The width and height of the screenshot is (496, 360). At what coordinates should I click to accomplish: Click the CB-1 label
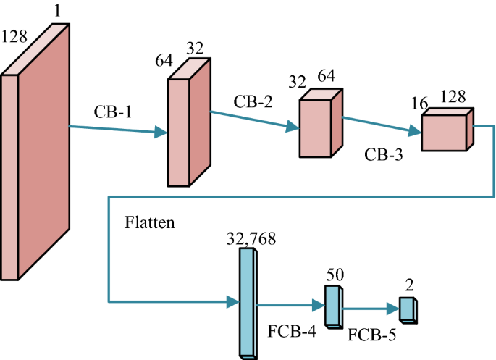coord(113,114)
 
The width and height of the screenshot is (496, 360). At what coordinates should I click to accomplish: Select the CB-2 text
coord(253,101)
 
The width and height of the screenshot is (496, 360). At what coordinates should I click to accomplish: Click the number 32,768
coord(251,238)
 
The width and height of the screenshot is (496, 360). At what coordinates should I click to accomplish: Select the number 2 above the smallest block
coord(409,285)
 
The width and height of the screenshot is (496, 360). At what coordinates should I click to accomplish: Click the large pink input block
coord(41,159)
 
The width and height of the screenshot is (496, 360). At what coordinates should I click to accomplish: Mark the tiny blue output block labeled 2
coord(408,309)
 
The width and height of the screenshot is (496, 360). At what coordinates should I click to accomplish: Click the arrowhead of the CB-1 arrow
coord(161,132)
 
